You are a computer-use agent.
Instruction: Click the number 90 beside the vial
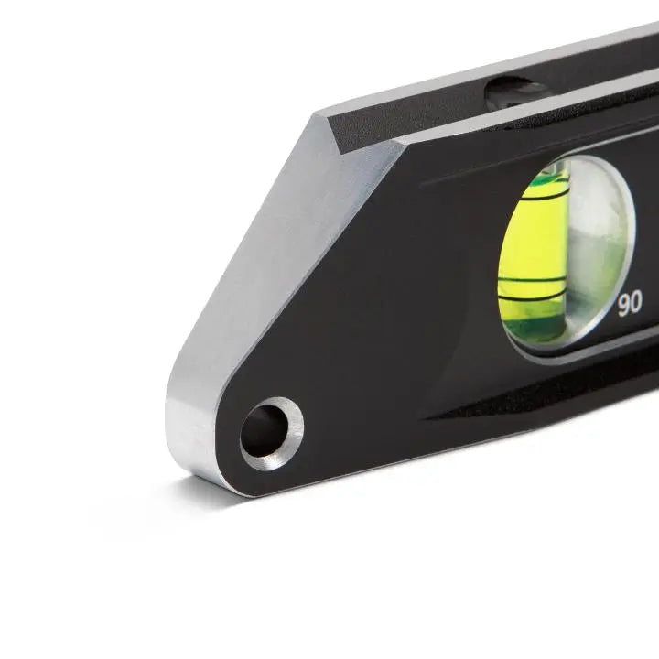click(630, 305)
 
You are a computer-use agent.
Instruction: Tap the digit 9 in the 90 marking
click(624, 305)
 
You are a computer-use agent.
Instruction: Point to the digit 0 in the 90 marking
click(636, 305)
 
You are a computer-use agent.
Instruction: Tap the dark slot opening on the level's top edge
click(517, 91)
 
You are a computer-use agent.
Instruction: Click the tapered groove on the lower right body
click(549, 403)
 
